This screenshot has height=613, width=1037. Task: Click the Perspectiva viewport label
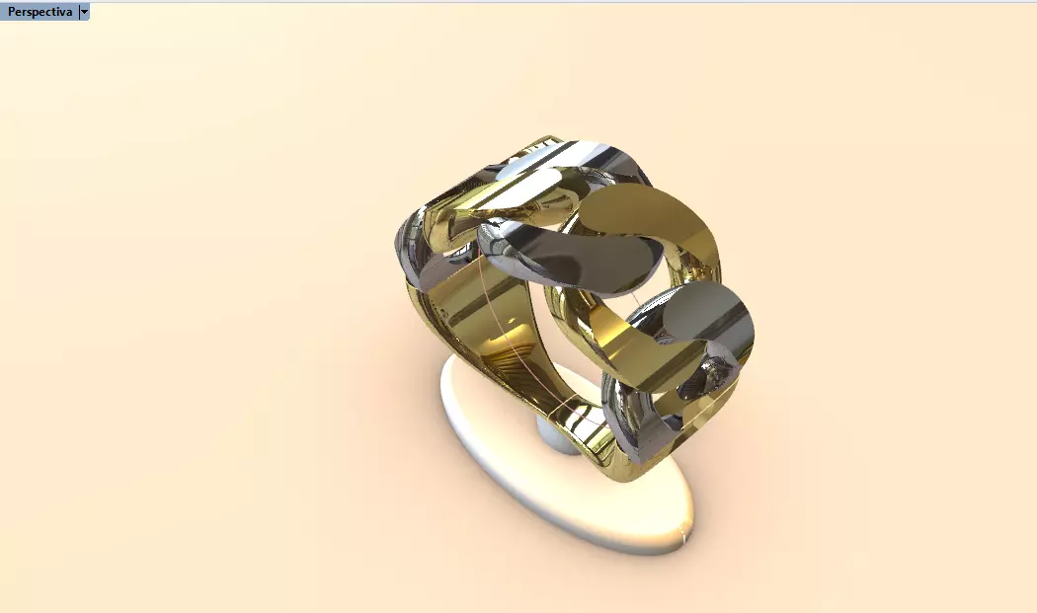40,11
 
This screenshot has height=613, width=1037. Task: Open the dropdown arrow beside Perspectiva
84,11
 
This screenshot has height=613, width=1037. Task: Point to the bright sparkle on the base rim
680,539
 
